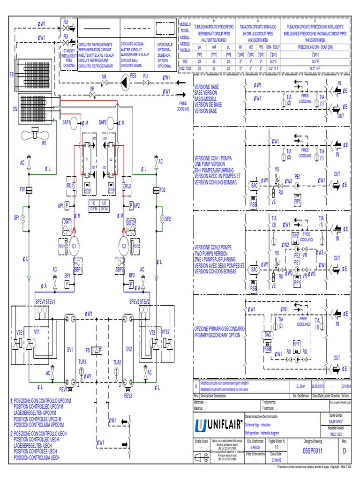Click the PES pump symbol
pyautogui.click(x=124, y=83)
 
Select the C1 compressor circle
pyautogui.click(x=74, y=246)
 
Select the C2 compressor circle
pyautogui.click(x=124, y=246)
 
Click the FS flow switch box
pyautogui.click(x=97, y=350)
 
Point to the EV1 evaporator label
pyautogui.click(x=70, y=350)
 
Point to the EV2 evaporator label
pyautogui.click(x=129, y=350)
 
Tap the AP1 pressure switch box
pyautogui.click(x=67, y=206)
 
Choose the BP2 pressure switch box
pyautogui.click(x=132, y=285)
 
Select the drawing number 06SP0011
pyautogui.click(x=313, y=450)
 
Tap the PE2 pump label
pyautogui.click(x=297, y=256)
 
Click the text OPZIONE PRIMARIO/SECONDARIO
pyautogui.click(x=219, y=330)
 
